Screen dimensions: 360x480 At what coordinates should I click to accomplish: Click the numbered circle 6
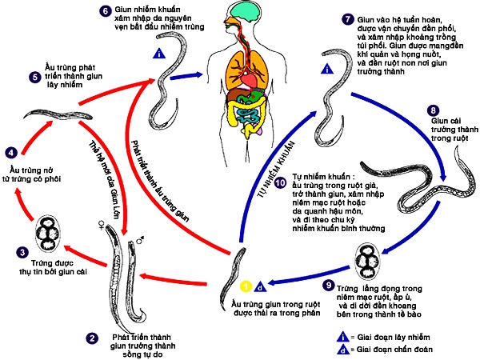105,11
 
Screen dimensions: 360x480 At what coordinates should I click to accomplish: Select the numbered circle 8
433,110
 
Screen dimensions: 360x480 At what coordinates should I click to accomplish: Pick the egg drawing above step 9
372,260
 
